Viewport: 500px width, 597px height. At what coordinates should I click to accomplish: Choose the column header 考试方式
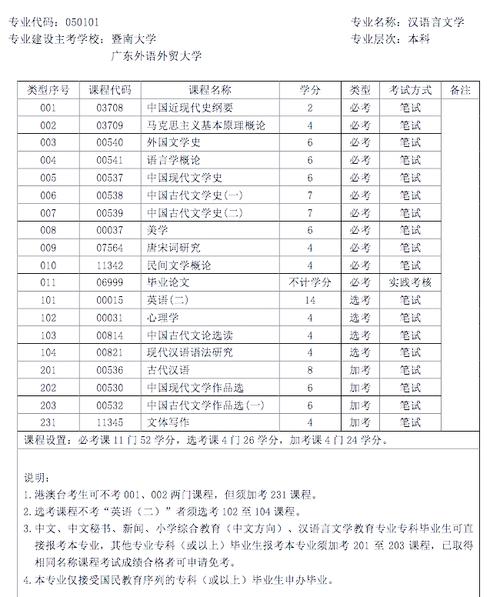click(409, 89)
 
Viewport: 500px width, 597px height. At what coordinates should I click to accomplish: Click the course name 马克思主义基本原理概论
click(191, 125)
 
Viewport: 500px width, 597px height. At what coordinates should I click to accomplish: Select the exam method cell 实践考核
click(409, 283)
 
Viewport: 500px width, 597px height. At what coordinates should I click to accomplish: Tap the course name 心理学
click(160, 317)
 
